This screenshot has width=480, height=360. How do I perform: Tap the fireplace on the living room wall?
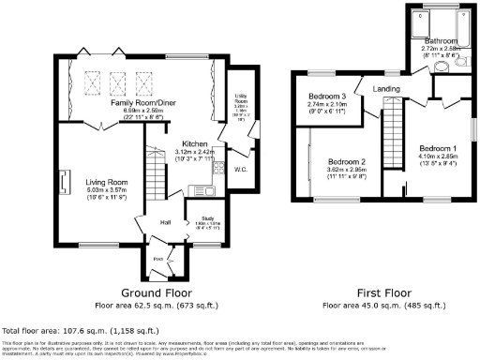[66, 179]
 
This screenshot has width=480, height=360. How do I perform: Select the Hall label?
[165, 222]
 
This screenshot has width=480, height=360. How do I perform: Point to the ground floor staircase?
[152, 177]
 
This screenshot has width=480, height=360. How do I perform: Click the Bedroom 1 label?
[438, 149]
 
